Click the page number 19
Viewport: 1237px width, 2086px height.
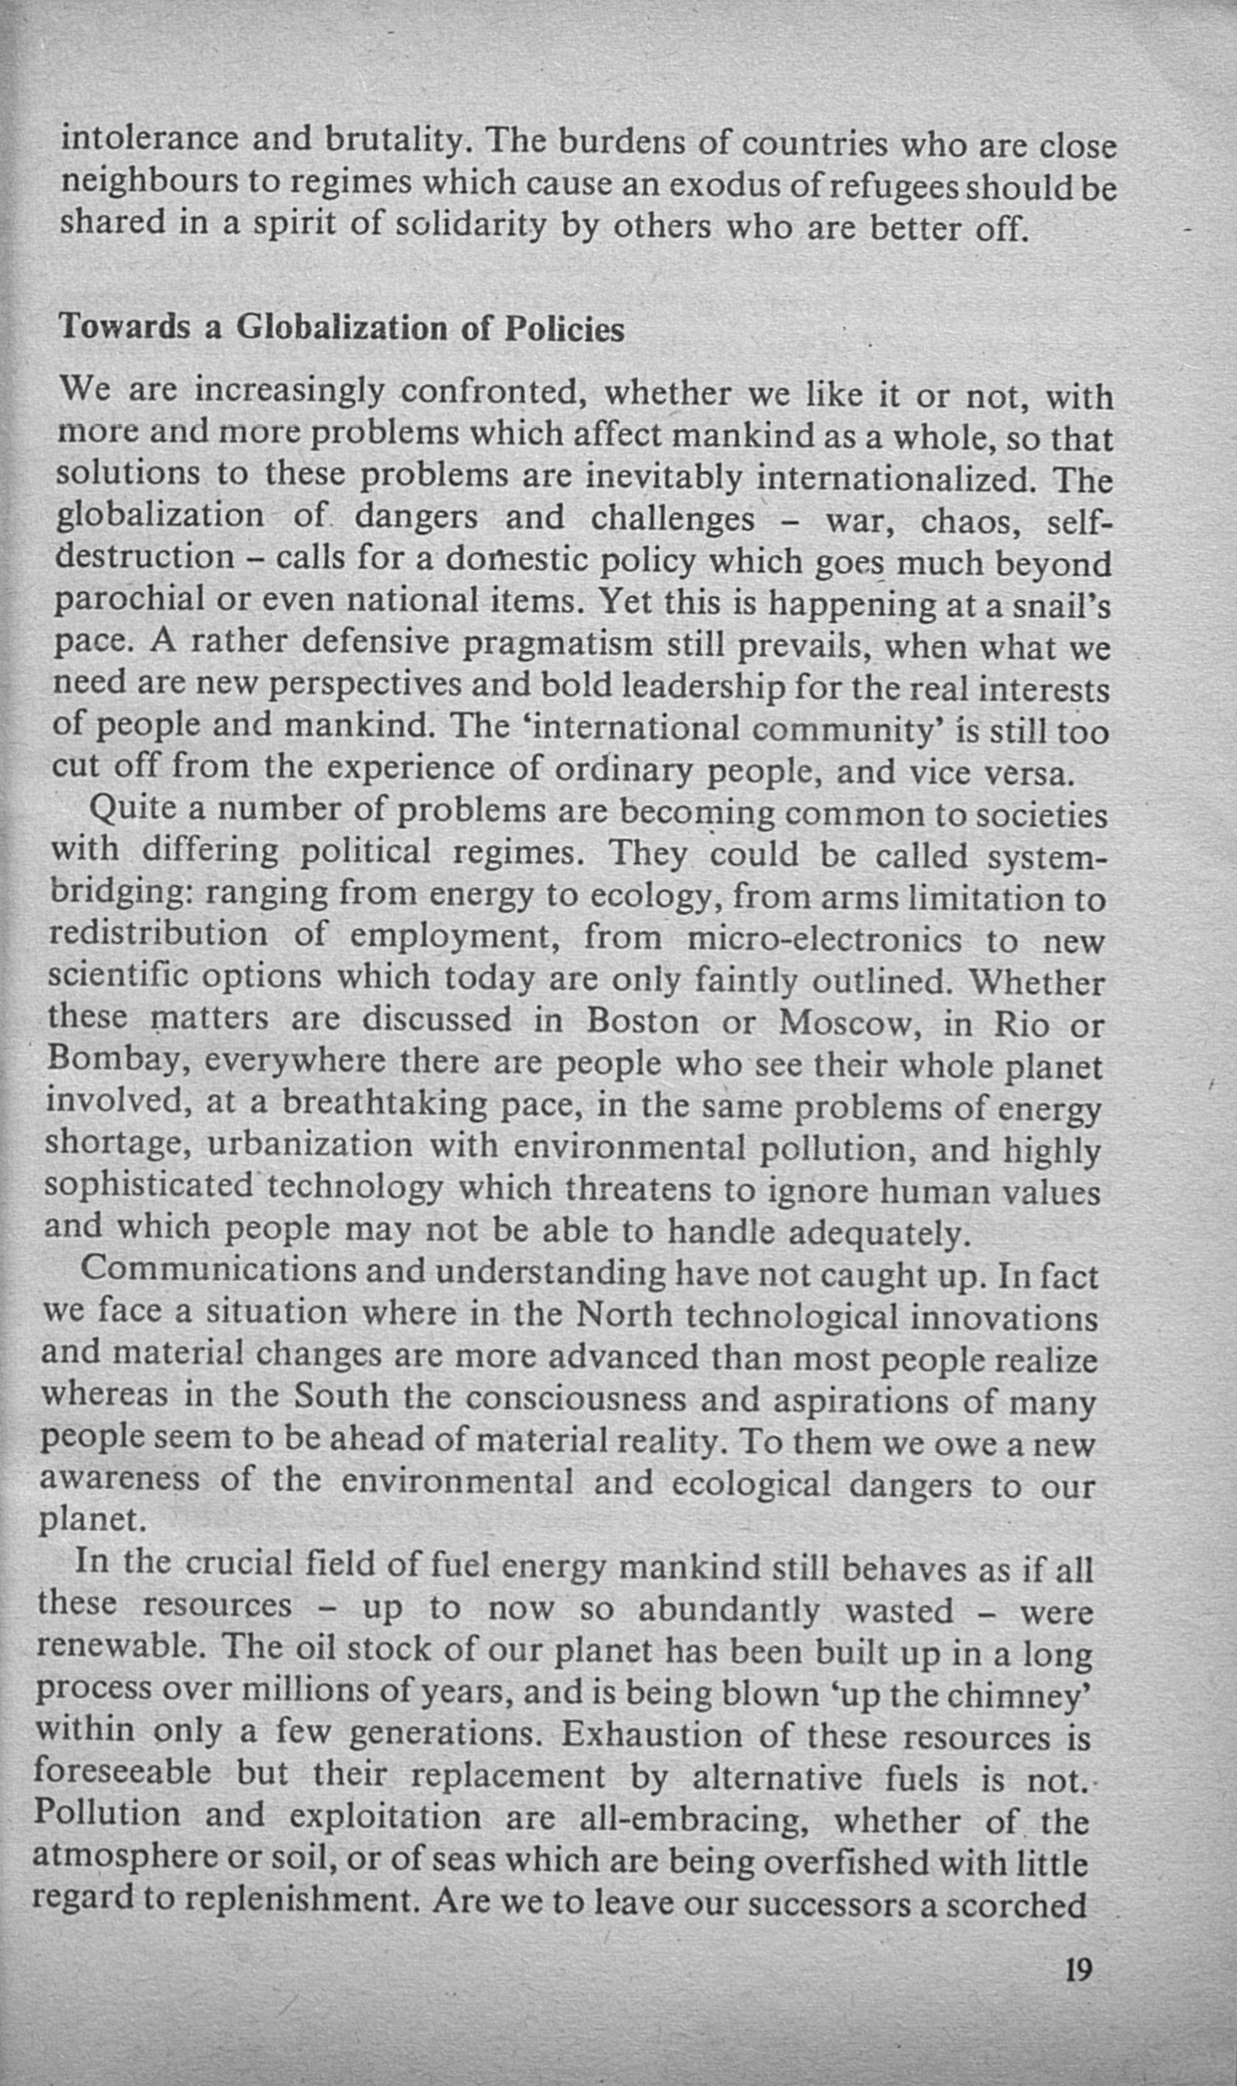[x=1079, y=1970]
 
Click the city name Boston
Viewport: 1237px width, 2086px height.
[x=643, y=1022]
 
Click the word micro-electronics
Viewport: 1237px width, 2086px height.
[x=824, y=940]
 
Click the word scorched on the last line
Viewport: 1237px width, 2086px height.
[x=1017, y=1905]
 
